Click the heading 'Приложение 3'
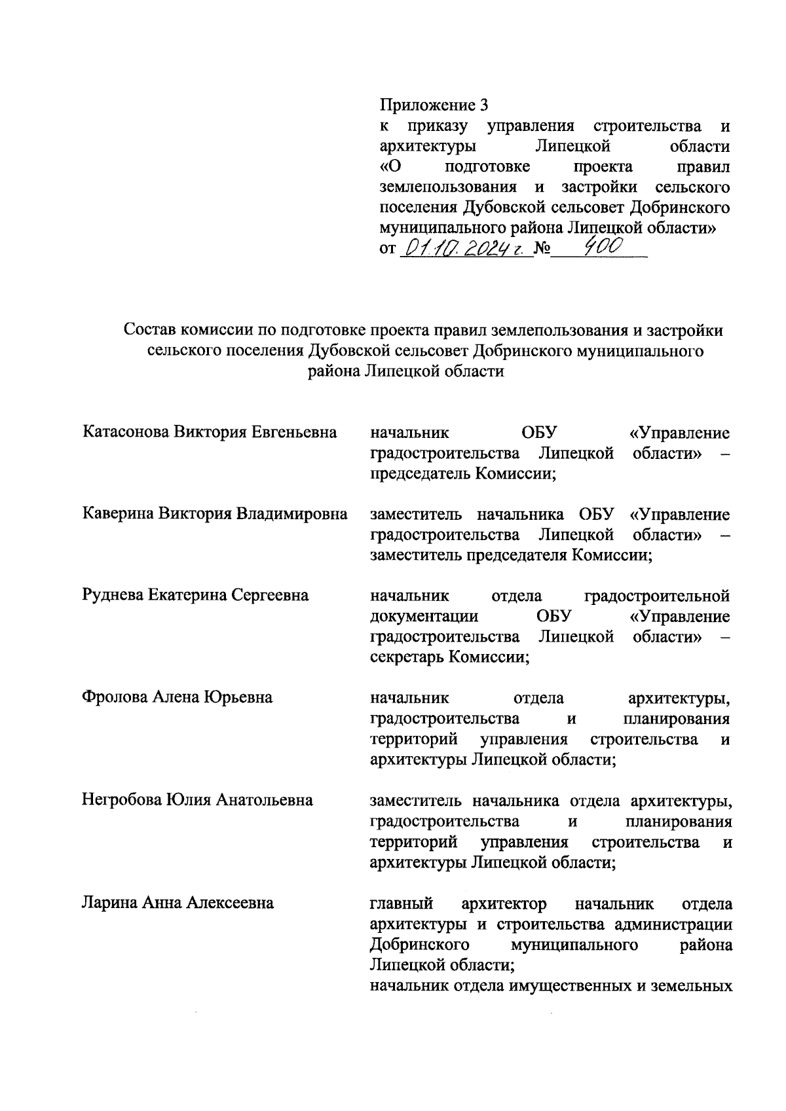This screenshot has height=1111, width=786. [434, 105]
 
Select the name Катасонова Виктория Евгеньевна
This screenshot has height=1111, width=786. [210, 433]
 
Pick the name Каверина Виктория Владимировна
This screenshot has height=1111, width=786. [215, 514]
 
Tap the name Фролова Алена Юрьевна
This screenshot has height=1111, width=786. [177, 698]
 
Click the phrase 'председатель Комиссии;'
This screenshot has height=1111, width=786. [462, 474]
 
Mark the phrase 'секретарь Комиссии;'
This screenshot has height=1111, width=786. [449, 657]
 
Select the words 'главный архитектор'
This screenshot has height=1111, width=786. [458, 904]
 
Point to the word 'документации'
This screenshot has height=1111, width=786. [424, 617]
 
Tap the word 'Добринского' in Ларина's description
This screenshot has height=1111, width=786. [419, 945]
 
